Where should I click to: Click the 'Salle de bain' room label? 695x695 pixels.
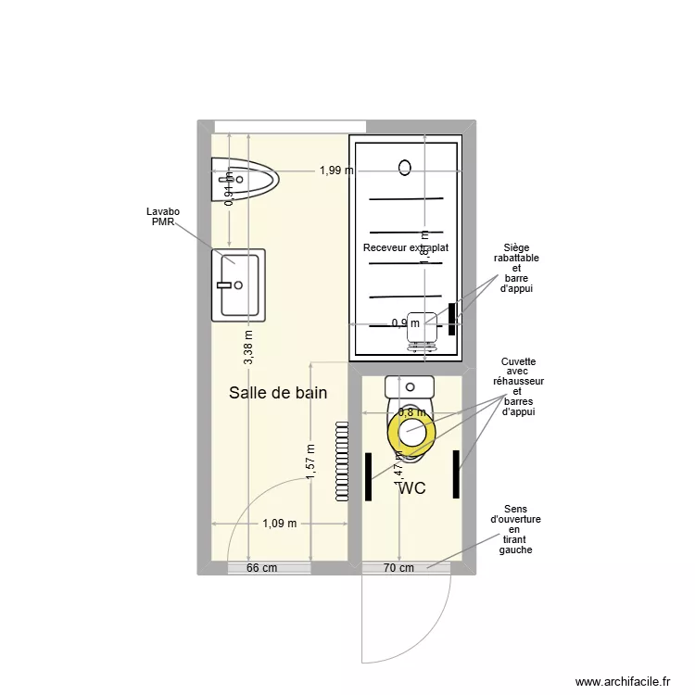(278, 393)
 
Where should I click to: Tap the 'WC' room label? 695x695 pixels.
(411, 488)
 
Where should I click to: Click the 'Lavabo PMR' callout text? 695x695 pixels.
(163, 217)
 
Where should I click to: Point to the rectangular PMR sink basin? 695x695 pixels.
(238, 284)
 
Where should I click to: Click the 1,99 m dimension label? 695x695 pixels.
(336, 171)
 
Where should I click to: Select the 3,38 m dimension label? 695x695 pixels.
(248, 347)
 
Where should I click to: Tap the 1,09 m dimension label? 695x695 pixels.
(280, 524)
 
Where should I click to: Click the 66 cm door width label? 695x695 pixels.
(262, 569)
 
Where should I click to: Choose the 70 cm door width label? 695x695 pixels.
(398, 569)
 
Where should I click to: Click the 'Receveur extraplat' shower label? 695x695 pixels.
(406, 248)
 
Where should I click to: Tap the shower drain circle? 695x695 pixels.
(404, 168)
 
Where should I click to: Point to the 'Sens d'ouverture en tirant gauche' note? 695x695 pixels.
(515, 529)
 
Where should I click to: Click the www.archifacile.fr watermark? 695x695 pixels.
(622, 681)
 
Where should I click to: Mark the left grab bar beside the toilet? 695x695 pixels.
(369, 476)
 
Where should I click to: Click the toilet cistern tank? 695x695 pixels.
(410, 386)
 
